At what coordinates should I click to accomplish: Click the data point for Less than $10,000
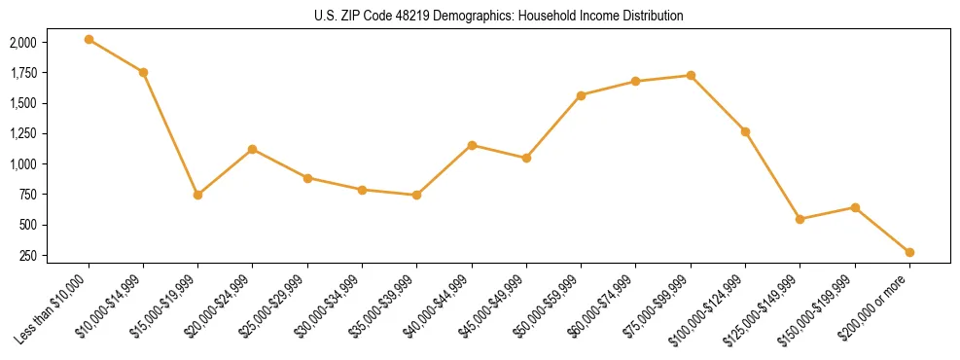click(89, 39)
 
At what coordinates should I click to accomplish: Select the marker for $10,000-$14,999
click(143, 72)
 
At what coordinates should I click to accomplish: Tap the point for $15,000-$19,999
click(197, 195)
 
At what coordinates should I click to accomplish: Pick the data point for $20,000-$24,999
click(252, 149)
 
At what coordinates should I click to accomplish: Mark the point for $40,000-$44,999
click(472, 145)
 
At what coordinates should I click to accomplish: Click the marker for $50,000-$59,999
click(581, 95)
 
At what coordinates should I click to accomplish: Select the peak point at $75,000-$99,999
click(691, 75)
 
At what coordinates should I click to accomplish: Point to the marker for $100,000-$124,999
click(745, 131)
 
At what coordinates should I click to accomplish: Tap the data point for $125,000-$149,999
click(800, 219)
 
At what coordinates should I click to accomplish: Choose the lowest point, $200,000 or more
click(909, 252)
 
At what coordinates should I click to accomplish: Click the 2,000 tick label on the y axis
click(23, 43)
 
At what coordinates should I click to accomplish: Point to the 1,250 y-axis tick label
click(23, 134)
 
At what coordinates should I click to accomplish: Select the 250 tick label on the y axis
click(27, 256)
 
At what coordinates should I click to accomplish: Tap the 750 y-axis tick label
click(27, 195)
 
